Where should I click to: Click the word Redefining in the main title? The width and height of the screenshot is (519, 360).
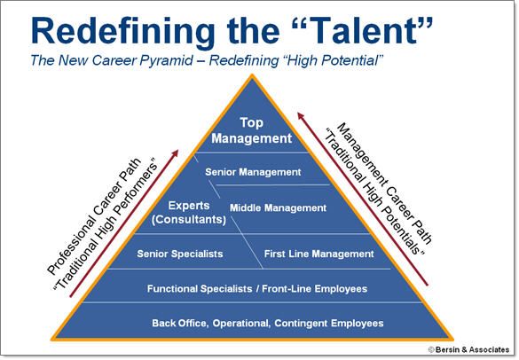click(x=122, y=31)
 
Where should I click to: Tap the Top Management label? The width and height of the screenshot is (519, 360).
click(x=252, y=130)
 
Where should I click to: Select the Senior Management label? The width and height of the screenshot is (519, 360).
click(x=253, y=172)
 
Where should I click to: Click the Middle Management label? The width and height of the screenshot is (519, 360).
click(x=278, y=207)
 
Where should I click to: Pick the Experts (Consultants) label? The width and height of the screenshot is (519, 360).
click(x=189, y=213)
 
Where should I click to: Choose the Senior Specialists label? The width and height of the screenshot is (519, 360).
click(x=180, y=254)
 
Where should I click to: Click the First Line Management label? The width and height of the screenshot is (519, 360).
click(x=318, y=254)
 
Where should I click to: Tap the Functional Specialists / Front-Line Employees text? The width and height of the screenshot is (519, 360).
click(x=257, y=289)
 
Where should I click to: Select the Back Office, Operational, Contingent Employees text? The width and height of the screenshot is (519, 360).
click(x=268, y=323)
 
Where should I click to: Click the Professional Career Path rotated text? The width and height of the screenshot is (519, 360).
click(x=94, y=216)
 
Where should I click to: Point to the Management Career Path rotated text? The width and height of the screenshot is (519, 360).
click(x=385, y=183)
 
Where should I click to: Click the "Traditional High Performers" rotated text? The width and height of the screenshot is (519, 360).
click(x=106, y=226)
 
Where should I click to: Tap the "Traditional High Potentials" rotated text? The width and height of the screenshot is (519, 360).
click(x=374, y=192)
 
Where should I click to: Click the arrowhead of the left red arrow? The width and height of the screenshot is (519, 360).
click(x=176, y=153)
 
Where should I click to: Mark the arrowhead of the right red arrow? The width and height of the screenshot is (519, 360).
click(x=300, y=115)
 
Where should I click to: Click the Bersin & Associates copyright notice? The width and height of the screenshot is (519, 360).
click(x=468, y=349)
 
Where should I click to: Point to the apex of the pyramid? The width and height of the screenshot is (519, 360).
click(x=252, y=74)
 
